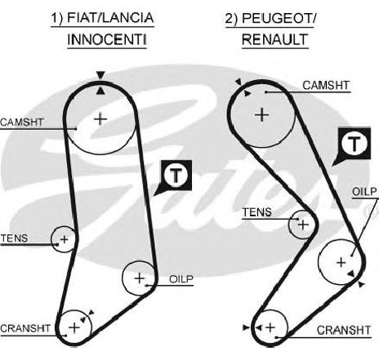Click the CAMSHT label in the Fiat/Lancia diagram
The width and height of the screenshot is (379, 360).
click(x=22, y=122)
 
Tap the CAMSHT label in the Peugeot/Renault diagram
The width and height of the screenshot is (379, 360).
click(x=326, y=86)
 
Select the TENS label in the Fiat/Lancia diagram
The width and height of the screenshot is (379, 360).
click(x=14, y=238)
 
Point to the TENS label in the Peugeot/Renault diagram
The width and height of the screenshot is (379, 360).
click(x=257, y=212)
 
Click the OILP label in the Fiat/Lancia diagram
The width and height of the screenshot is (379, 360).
click(x=181, y=279)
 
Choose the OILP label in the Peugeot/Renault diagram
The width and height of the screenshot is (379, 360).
click(x=364, y=192)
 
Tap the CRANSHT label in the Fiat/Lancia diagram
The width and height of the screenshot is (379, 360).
click(x=25, y=328)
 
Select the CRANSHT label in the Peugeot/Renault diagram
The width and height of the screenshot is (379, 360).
click(x=344, y=331)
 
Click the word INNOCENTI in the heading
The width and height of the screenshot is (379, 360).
click(x=107, y=40)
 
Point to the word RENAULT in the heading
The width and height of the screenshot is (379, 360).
click(x=275, y=40)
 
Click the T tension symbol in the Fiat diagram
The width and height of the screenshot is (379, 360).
click(x=176, y=176)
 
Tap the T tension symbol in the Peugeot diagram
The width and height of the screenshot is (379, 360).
click(x=354, y=143)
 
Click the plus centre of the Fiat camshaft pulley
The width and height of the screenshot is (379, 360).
click(x=100, y=119)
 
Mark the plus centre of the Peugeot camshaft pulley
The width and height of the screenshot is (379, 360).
click(x=262, y=115)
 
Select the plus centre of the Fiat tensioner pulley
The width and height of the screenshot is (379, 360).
click(x=65, y=239)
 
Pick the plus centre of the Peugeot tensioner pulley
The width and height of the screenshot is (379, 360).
click(x=303, y=224)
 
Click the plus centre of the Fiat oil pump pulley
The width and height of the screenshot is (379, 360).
click(x=140, y=278)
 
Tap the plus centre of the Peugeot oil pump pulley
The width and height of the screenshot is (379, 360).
click(x=341, y=263)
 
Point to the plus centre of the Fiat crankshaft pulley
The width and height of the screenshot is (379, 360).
click(x=74, y=327)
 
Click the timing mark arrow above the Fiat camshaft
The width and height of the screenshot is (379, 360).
click(x=100, y=75)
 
